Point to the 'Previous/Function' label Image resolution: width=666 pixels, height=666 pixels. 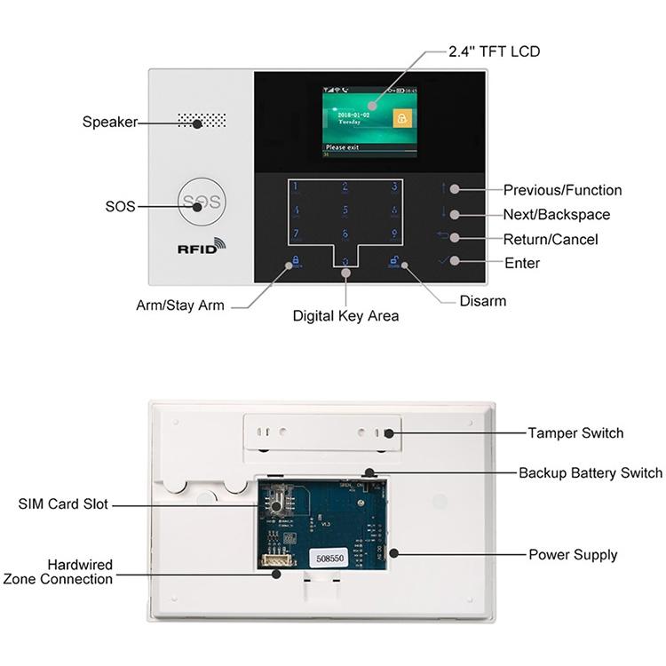point(562,190)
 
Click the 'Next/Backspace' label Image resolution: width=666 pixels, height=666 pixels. point(556,215)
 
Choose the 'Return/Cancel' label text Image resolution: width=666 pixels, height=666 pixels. point(551,240)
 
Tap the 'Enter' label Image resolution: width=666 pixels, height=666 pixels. point(522,264)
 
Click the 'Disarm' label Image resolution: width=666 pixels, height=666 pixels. point(482,301)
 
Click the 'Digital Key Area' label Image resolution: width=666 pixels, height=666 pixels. point(345,315)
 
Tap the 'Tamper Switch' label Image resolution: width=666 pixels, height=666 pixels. point(575,433)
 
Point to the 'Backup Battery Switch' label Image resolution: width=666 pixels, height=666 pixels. point(591,473)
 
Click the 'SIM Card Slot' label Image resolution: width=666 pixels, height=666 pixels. point(63,504)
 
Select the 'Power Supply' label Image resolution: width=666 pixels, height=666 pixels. point(573,555)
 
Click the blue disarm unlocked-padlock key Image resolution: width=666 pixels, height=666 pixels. point(392,262)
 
